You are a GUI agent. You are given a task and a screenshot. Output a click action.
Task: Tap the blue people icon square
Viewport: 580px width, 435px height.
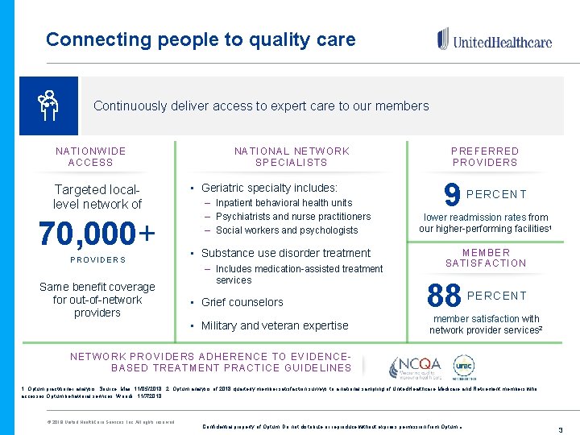[48, 106]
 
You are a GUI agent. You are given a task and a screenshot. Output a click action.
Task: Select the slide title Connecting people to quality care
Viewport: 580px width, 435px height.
[201, 39]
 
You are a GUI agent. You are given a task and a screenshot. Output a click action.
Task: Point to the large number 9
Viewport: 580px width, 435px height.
[452, 194]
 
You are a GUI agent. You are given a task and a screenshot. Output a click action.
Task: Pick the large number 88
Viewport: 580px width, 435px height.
[445, 296]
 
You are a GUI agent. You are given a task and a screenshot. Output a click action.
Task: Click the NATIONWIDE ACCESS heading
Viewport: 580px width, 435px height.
[91, 156]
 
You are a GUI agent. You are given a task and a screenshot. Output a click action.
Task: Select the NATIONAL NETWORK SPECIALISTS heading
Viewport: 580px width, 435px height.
[292, 156]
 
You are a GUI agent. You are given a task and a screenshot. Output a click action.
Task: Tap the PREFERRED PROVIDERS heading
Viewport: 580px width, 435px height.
[485, 156]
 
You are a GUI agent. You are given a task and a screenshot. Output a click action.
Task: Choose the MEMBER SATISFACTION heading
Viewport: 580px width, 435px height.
[485, 258]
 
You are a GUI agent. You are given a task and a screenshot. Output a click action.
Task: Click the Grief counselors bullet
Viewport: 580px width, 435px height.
[242, 302]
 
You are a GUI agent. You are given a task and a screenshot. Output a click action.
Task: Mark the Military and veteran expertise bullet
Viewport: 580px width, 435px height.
[275, 325]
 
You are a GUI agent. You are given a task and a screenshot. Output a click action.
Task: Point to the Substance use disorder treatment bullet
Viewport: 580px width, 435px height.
[285, 252]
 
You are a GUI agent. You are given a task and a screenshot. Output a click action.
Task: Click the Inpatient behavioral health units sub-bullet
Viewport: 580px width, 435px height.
[284, 203]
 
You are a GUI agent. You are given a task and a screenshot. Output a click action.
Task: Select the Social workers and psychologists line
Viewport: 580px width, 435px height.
[287, 230]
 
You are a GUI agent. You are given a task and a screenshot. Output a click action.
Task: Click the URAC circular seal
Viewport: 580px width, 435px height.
[463, 367]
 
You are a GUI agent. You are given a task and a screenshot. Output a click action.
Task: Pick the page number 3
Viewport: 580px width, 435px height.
[560, 430]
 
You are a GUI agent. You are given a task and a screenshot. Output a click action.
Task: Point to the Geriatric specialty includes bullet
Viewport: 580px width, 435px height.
[269, 188]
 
